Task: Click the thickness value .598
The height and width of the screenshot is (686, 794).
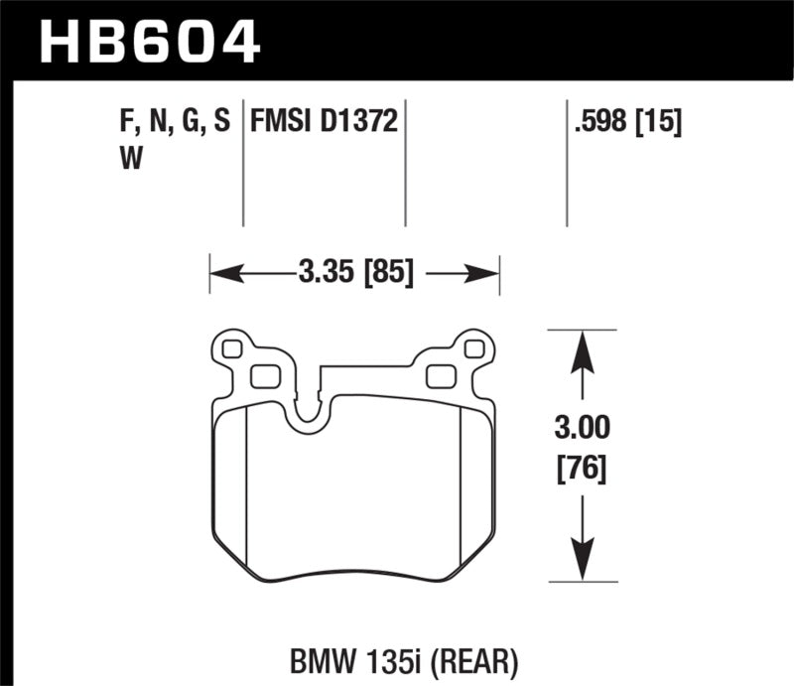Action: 601,123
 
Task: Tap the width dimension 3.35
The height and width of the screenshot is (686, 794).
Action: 325,271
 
